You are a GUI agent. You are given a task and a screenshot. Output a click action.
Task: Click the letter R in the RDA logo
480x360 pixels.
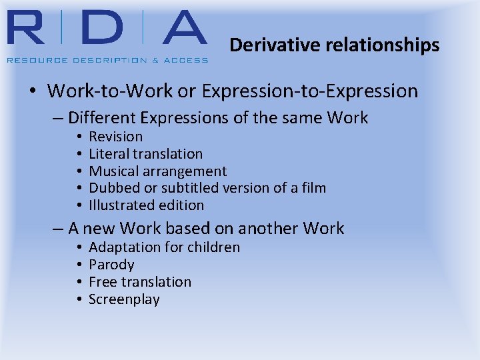click(29, 30)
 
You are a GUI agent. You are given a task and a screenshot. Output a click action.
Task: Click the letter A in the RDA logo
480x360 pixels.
click(176, 30)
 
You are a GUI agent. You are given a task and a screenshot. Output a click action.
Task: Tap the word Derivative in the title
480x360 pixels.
click(263, 45)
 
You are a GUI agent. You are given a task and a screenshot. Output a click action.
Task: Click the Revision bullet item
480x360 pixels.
click(116, 137)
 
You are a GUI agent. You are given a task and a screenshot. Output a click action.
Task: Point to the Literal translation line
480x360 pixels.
click(145, 154)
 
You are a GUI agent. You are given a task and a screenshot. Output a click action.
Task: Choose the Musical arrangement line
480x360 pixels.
click(158, 171)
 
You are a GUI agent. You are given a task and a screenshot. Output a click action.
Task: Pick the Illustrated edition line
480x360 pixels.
click(146, 205)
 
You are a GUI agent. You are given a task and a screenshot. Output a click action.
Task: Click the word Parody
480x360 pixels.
click(111, 265)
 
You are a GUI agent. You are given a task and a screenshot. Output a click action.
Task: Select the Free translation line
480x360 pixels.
click(140, 282)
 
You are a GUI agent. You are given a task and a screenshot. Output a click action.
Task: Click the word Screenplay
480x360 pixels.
click(124, 299)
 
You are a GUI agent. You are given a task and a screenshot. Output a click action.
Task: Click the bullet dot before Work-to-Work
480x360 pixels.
click(33, 91)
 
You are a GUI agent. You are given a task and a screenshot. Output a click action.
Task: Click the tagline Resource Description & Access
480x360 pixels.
click(107, 60)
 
